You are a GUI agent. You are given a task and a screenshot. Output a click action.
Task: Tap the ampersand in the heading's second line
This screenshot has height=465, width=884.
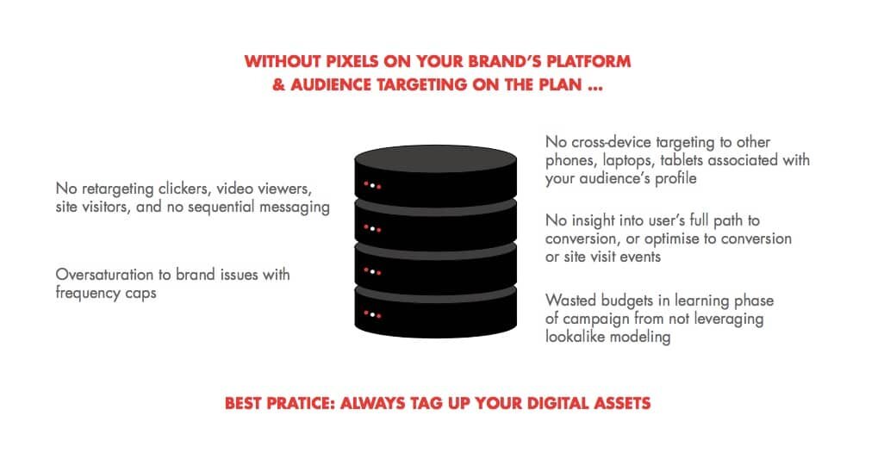tap(279, 85)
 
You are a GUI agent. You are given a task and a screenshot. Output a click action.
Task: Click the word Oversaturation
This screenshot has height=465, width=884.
tap(104, 275)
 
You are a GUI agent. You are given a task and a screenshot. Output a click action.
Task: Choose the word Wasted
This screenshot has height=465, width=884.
tap(570, 300)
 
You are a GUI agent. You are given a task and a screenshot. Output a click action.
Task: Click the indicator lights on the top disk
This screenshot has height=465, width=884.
tap(372, 185)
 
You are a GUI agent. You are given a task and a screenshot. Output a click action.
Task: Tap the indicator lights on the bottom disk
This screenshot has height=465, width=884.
tap(372, 314)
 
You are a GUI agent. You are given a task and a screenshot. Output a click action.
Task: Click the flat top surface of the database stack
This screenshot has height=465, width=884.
tap(435, 158)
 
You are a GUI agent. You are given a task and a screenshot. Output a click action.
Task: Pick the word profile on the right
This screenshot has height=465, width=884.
tap(676, 178)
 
